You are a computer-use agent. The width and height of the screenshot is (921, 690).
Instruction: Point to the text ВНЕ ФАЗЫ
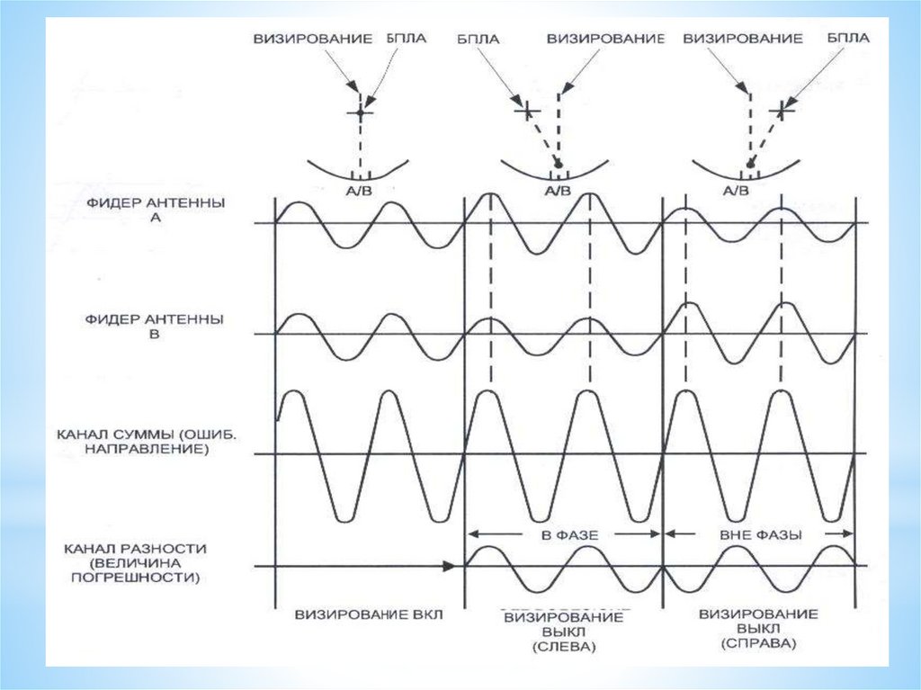[760, 533]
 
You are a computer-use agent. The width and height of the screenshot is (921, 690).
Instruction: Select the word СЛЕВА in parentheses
[564, 647]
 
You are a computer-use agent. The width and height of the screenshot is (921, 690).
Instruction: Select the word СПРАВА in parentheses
[758, 645]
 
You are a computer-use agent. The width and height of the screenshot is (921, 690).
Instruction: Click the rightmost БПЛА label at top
[848, 39]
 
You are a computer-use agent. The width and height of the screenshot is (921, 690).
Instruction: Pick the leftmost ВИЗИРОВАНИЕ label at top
[312, 40]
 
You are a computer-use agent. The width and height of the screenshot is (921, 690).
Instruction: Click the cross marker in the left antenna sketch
[360, 112]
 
